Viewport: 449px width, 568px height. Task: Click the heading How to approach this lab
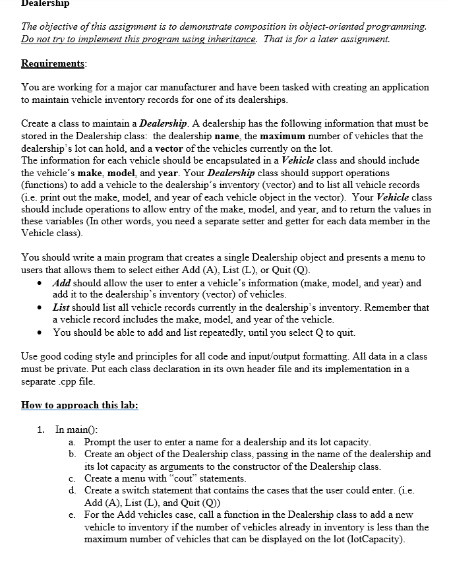point(80,404)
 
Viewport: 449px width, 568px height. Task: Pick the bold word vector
point(182,149)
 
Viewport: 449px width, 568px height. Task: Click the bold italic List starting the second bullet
point(61,307)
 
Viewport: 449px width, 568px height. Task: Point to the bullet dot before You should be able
point(42,332)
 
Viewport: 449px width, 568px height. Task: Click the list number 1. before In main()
point(42,429)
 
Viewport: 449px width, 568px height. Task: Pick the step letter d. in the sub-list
point(71,491)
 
